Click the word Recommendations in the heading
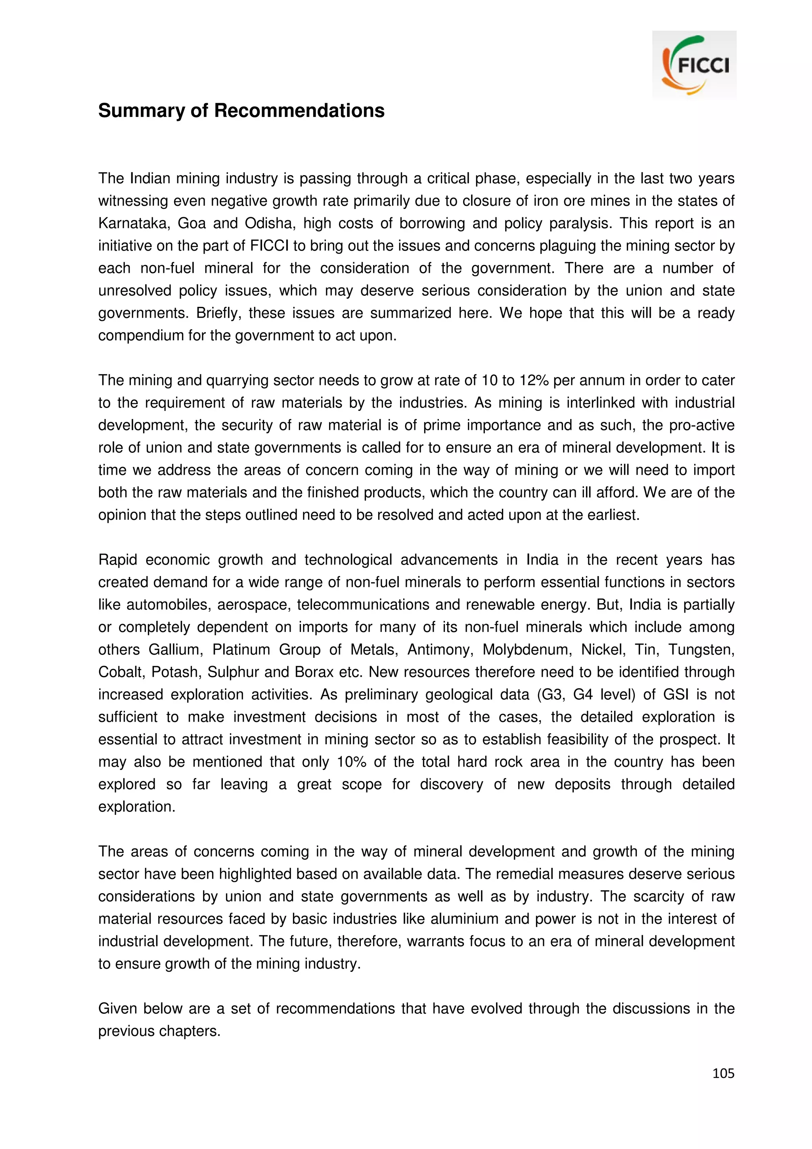pyautogui.click(x=299, y=111)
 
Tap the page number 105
pyautogui.click(x=723, y=1073)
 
